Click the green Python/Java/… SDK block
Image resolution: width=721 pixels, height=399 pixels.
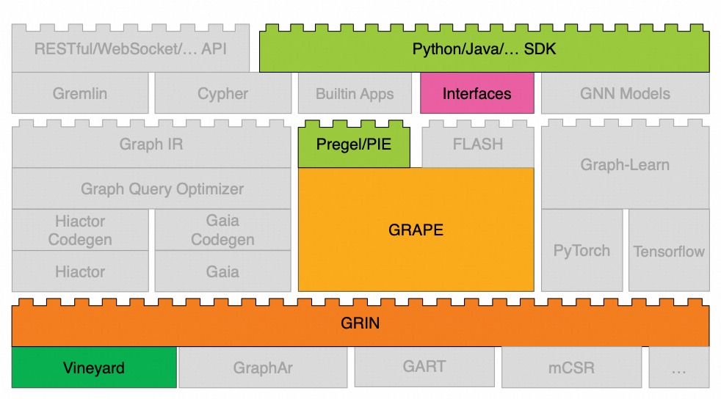coord(484,51)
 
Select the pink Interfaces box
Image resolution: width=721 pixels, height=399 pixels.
coord(477,93)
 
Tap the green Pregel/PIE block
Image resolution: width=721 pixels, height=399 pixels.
coord(353,144)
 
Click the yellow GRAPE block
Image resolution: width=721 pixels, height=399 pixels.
coord(416,230)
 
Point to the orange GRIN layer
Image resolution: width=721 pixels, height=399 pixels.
coord(360,323)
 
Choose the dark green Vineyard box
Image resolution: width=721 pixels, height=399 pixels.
coord(94,367)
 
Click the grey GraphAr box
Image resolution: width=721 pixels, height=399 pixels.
coord(263,367)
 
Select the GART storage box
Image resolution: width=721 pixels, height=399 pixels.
coord(424,367)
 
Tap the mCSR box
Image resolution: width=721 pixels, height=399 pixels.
coord(571,367)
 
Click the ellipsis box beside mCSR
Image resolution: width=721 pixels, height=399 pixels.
coord(678,367)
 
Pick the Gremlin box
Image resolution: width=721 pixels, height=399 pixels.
coord(79,93)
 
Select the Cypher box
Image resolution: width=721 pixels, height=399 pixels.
coord(222,93)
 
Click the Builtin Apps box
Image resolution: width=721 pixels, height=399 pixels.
coord(355,93)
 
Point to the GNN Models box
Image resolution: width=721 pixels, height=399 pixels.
coord(625,93)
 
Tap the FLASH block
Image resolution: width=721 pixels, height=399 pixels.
coord(477,144)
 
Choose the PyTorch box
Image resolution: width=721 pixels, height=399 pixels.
coord(581,250)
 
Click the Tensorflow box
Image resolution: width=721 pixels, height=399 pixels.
coord(669,250)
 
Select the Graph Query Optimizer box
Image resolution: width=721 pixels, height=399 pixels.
coord(151,188)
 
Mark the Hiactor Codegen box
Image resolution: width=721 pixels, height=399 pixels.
coord(80,230)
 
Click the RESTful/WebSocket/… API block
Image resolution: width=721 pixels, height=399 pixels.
coord(131,51)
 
